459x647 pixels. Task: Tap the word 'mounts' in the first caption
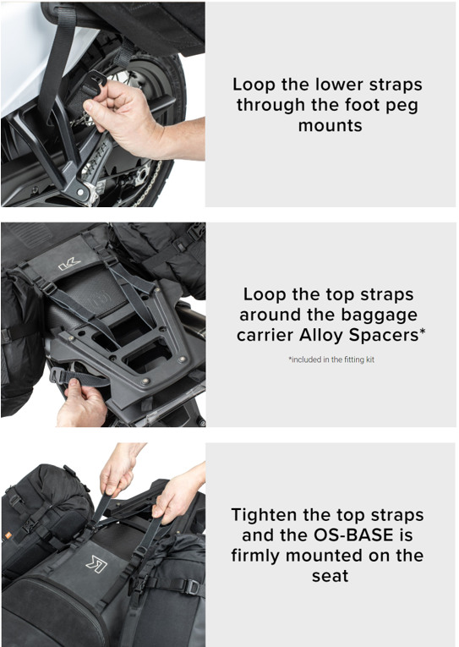(x=329, y=126)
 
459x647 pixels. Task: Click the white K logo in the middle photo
(x=68, y=266)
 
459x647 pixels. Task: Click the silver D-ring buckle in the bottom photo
(x=193, y=586)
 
